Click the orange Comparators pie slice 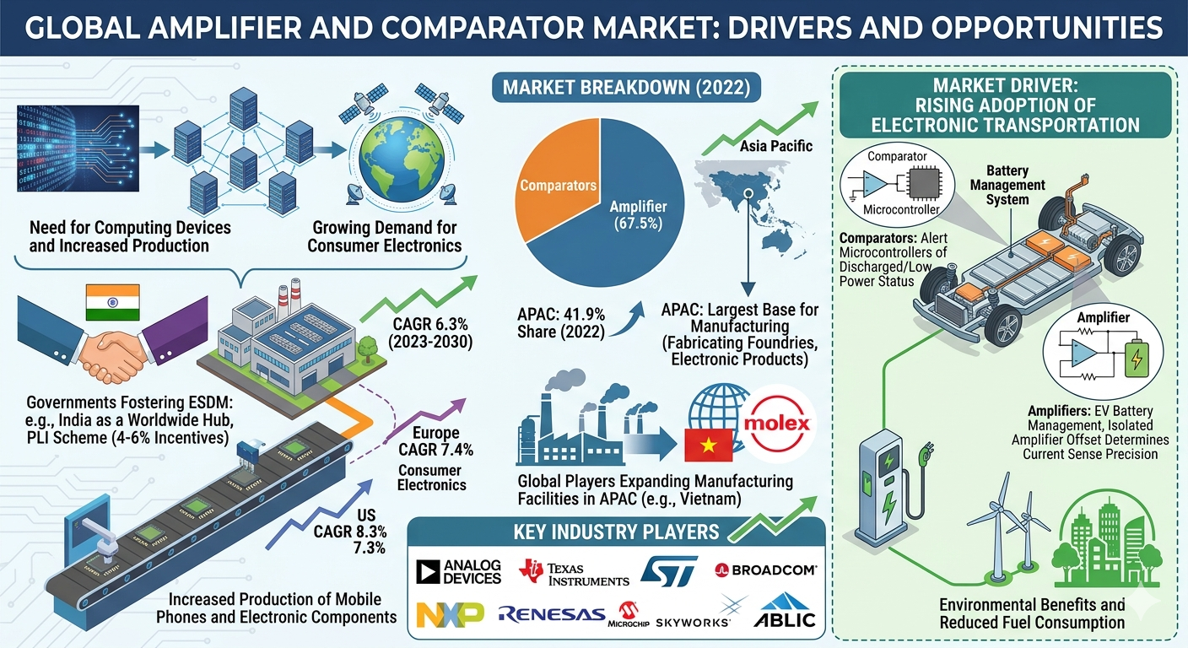(x=553, y=181)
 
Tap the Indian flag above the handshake (x=113, y=302)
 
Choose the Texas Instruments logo (x=575, y=573)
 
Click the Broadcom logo (x=765, y=570)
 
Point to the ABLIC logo (x=787, y=614)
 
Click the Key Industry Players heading (x=616, y=532)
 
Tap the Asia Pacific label (x=775, y=147)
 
